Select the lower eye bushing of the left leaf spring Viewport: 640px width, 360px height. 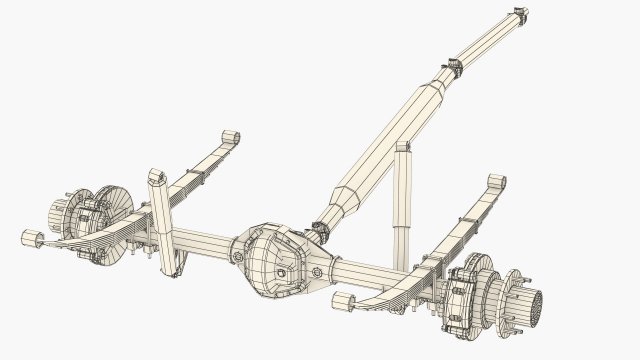[31, 238]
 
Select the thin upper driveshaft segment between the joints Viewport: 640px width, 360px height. [485, 43]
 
